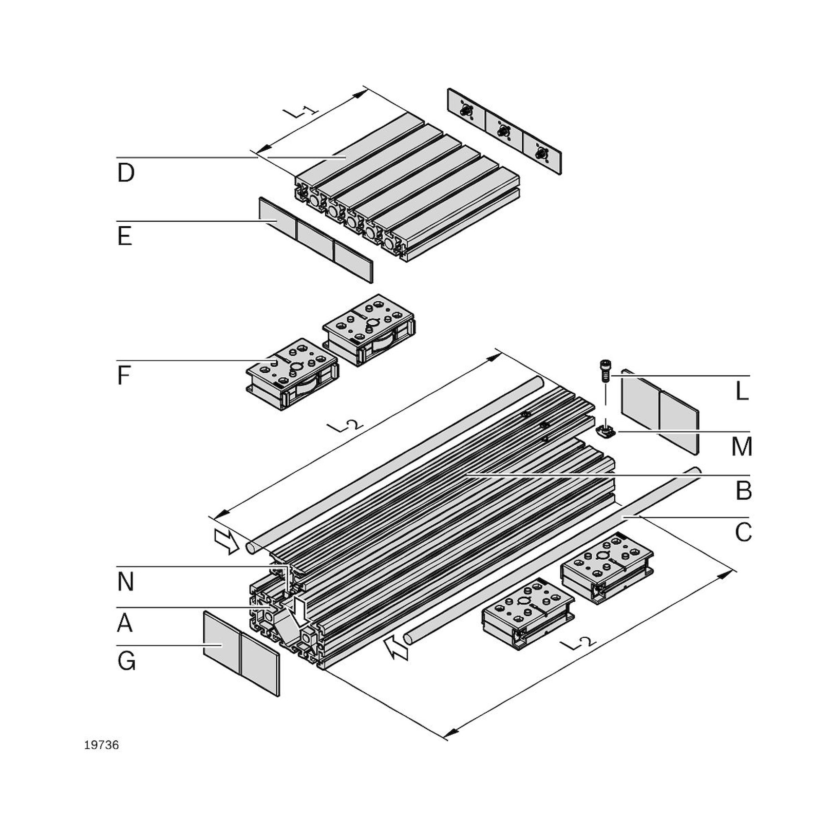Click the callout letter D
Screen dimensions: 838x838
click(126, 173)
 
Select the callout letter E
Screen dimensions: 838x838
click(124, 237)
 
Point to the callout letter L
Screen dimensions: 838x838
click(742, 392)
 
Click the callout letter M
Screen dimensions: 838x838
click(742, 447)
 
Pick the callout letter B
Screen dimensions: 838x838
click(743, 491)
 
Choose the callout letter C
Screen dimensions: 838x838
click(743, 532)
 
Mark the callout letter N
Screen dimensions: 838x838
click(125, 582)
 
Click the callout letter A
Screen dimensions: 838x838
click(124, 624)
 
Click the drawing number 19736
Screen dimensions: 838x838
click(101, 745)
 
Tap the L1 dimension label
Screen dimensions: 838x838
click(300, 112)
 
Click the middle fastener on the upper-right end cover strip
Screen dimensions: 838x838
click(503, 130)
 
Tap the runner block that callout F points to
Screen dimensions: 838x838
click(292, 373)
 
